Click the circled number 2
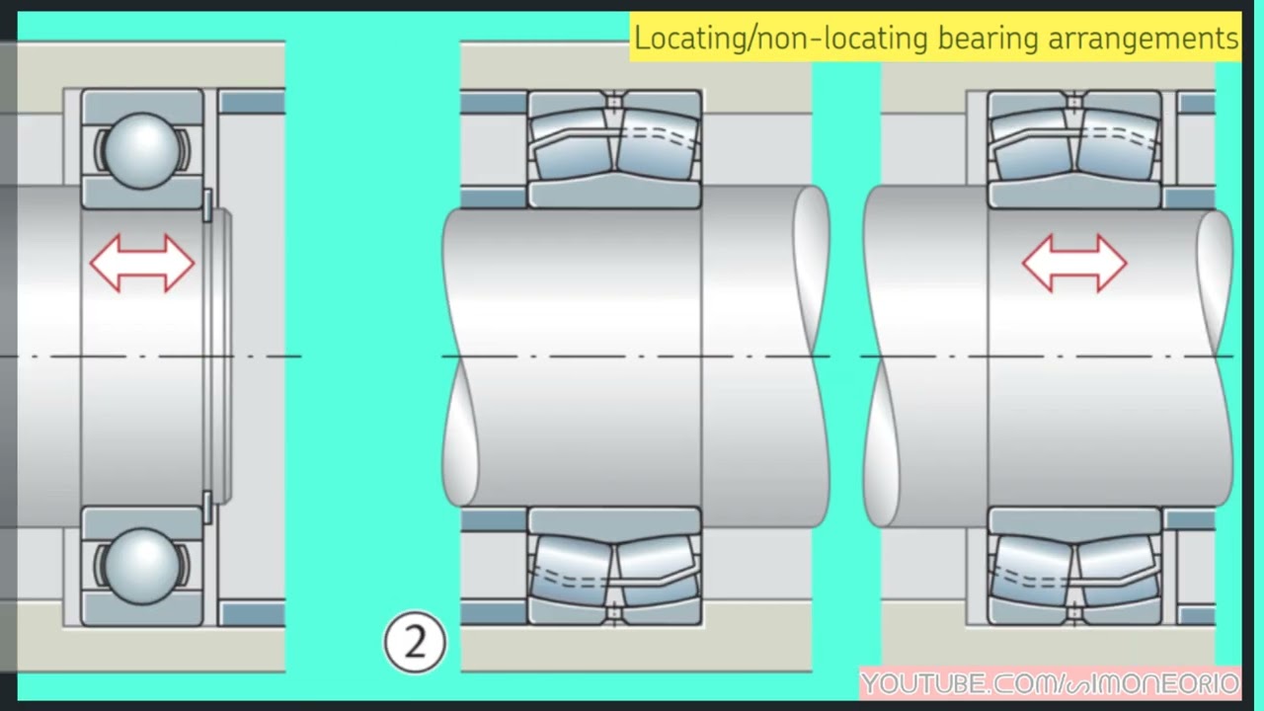point(415,642)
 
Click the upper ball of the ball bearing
point(142,150)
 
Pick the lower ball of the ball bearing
point(142,566)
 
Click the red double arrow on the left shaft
point(142,263)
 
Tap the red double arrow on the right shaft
point(1074,263)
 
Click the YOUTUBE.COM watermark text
point(1051,684)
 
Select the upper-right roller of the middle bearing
point(658,145)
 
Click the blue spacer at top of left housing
point(252,102)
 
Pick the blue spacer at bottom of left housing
point(252,613)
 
